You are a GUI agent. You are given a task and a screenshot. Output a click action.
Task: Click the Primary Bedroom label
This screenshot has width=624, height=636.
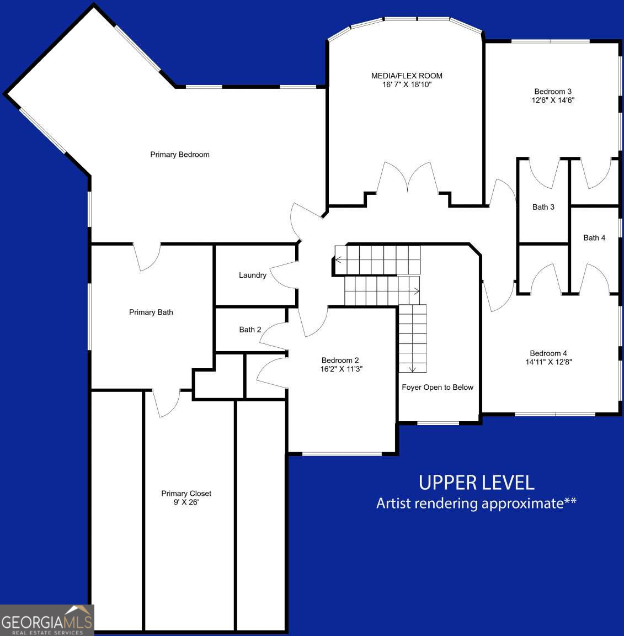click(180, 155)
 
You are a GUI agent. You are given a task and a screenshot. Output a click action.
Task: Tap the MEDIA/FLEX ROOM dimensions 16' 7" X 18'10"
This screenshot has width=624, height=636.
click(407, 85)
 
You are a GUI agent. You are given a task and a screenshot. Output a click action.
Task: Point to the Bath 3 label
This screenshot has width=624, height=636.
click(543, 207)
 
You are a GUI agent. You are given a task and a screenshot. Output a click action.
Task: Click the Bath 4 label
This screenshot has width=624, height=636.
click(594, 238)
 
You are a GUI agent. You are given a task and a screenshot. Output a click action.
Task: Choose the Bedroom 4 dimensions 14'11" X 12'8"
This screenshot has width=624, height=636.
click(548, 362)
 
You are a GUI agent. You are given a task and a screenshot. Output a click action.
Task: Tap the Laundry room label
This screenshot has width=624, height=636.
click(252, 275)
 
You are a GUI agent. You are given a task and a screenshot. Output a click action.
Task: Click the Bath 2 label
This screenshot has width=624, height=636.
click(250, 330)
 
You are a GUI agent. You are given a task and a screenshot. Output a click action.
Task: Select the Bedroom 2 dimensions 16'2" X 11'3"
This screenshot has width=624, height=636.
click(341, 369)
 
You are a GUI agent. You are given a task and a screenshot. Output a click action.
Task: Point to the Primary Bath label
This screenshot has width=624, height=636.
click(151, 312)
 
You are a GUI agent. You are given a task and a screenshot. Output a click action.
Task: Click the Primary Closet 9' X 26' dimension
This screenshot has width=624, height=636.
click(186, 502)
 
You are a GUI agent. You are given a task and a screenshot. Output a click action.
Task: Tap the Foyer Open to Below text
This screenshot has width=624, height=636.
click(437, 388)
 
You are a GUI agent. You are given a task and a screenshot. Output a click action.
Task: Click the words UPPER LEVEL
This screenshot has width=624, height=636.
click(476, 483)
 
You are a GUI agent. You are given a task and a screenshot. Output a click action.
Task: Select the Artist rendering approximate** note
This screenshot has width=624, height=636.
click(476, 504)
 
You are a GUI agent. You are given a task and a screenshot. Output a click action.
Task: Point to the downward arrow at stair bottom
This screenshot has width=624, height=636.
click(412, 368)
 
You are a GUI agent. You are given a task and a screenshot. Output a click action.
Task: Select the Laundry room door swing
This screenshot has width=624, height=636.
click(284, 274)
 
